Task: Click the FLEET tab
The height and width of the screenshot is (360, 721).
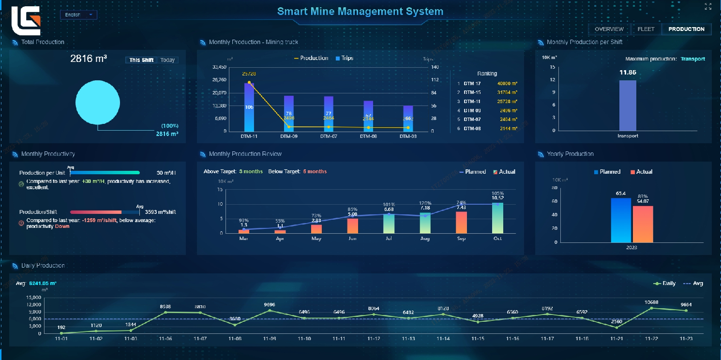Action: click(646, 29)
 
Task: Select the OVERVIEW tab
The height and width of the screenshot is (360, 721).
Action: click(609, 29)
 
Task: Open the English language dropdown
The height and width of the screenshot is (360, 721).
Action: click(78, 15)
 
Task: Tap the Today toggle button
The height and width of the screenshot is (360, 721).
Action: click(167, 60)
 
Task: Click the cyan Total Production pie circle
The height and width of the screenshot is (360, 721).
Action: click(97, 102)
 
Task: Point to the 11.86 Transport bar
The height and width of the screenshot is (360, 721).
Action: click(628, 105)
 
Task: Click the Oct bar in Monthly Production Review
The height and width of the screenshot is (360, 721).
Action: click(497, 218)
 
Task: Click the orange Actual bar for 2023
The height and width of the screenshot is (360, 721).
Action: click(643, 224)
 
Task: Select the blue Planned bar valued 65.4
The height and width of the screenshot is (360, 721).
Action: click(621, 220)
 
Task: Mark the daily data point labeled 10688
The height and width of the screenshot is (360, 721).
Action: click(651, 308)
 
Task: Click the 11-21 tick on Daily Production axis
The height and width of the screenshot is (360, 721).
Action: click(616, 339)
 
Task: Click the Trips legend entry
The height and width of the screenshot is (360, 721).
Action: click(345, 58)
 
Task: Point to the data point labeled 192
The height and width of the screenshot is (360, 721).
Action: click(61, 333)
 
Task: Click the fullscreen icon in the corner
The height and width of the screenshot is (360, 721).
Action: click(708, 6)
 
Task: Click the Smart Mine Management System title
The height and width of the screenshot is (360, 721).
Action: click(360, 11)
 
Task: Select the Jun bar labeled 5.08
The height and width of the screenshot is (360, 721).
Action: click(352, 226)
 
